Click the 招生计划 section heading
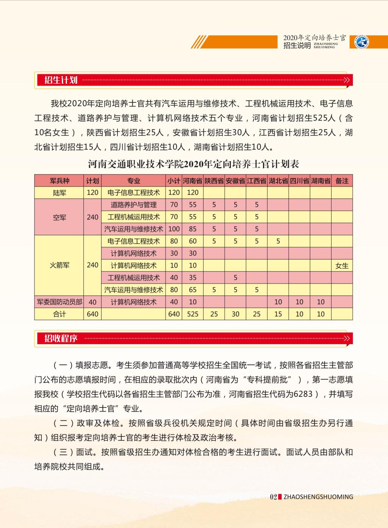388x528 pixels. (x=61, y=80)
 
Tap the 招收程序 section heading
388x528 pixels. (x=61, y=338)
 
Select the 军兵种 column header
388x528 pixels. (x=59, y=181)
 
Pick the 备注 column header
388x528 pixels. (x=342, y=181)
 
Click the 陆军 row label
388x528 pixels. (x=59, y=193)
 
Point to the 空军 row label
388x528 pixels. (x=59, y=217)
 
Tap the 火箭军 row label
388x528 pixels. (x=59, y=265)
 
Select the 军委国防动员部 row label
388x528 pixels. (x=59, y=302)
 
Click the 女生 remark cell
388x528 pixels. (x=342, y=266)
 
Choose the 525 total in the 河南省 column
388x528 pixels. (x=192, y=314)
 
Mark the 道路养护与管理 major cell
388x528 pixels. (x=133, y=205)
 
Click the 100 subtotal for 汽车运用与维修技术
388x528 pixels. (x=174, y=229)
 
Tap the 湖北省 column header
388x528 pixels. (x=278, y=181)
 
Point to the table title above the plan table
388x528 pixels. (x=194, y=164)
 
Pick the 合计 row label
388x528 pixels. (x=59, y=314)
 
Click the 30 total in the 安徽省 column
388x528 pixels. (x=235, y=314)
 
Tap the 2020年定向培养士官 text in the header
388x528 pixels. (x=314, y=38)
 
